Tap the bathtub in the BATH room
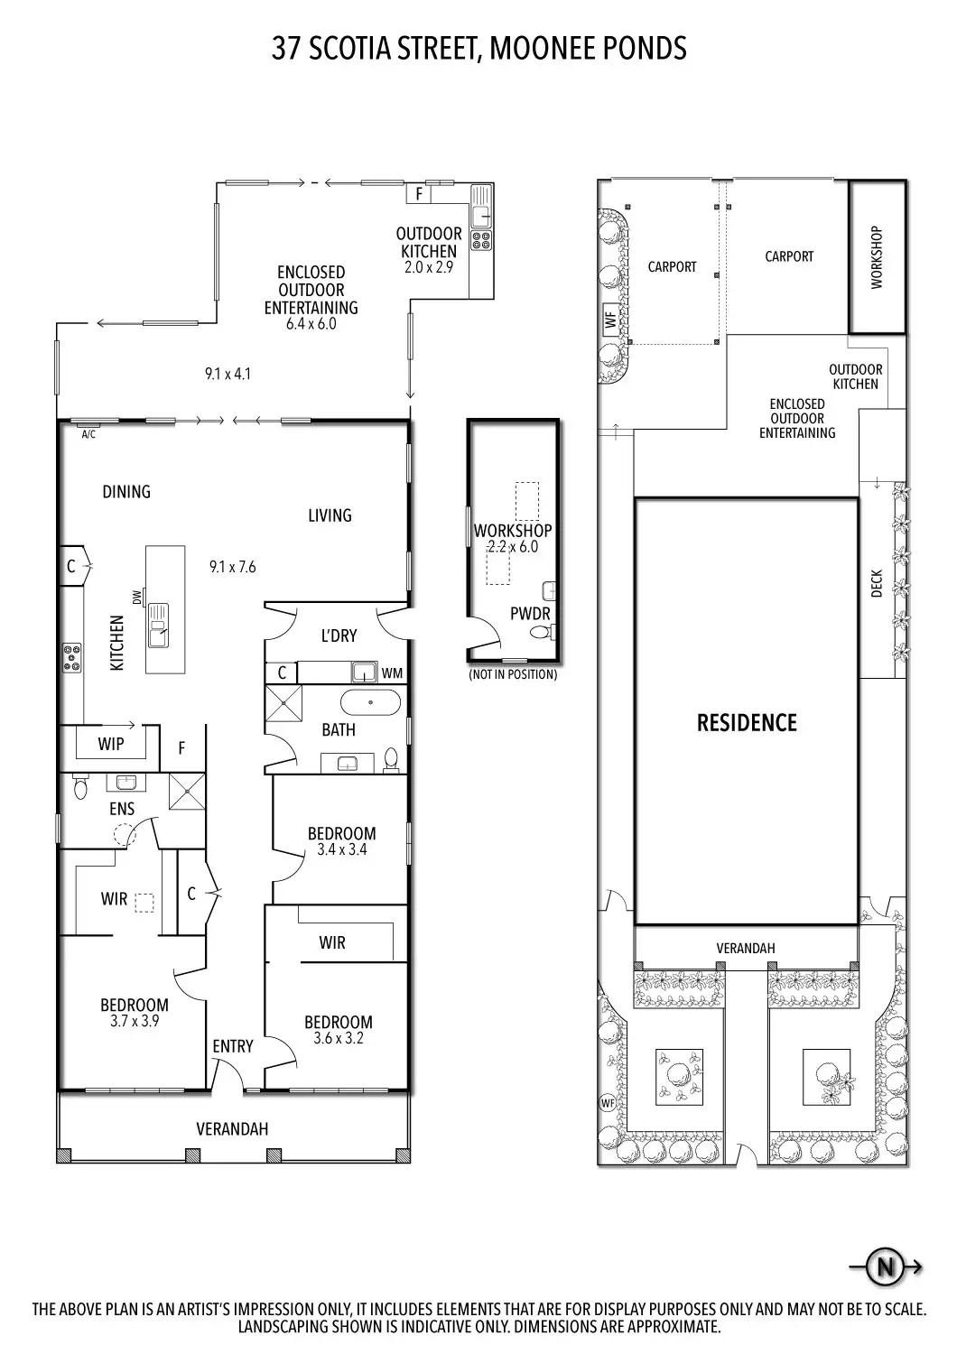pos(370,702)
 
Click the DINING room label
pos(126,491)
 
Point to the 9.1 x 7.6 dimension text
pos(233,566)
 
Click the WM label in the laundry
pos(392,672)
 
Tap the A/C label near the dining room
pos(88,434)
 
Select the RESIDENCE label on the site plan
pos(747,722)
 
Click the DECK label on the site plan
pos(877,583)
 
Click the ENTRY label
pos(233,1045)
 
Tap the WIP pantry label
pos(111,744)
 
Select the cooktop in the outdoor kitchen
pos(482,241)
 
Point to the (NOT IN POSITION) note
pos(513,674)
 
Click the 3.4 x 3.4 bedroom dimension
pos(342,849)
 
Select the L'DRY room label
pos(339,635)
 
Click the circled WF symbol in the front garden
pos(608,1102)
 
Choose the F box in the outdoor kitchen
pos(419,194)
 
